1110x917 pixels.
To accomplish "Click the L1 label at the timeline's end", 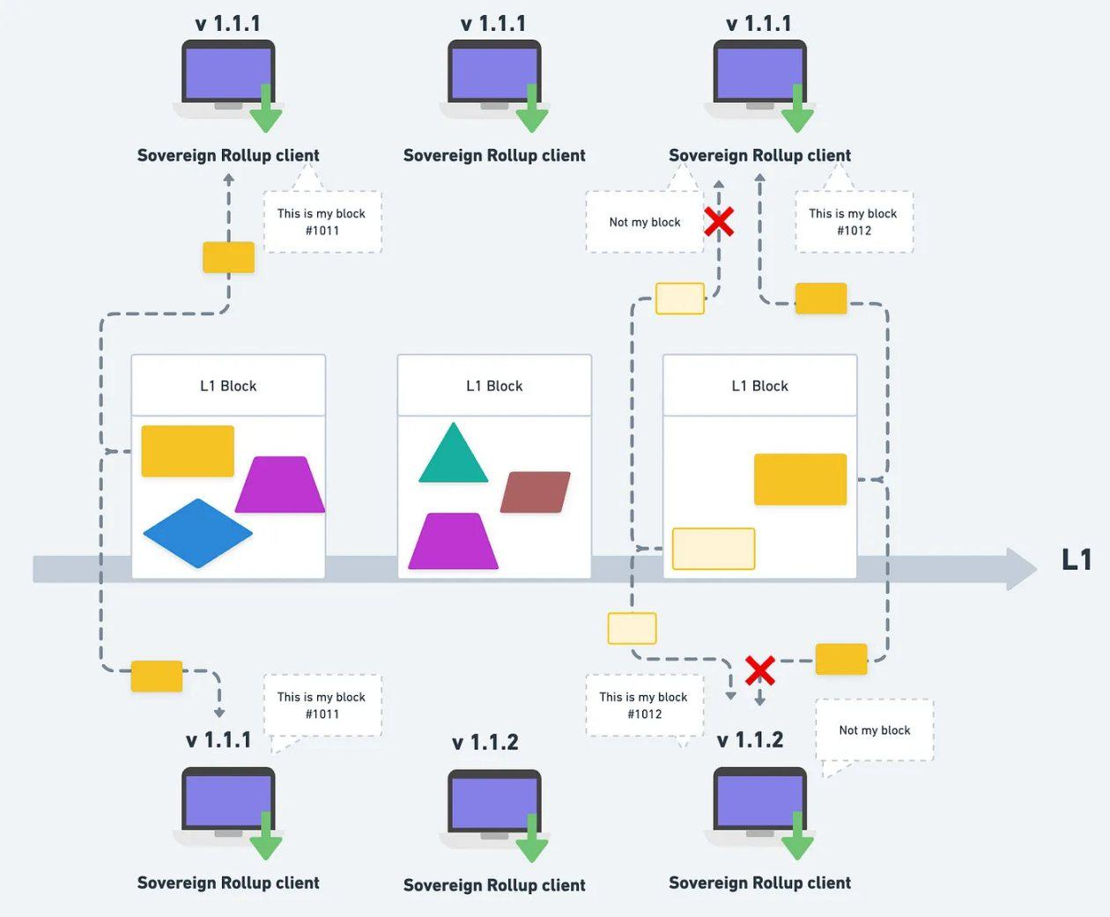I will [x=1077, y=560].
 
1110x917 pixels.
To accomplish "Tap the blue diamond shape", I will [x=198, y=533].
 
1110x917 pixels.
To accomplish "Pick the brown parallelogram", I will [x=536, y=492].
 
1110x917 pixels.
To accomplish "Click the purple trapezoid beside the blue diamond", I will [x=280, y=484].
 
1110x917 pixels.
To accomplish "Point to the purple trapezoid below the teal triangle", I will [x=454, y=541].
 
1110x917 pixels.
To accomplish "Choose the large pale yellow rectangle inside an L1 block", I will [x=714, y=549].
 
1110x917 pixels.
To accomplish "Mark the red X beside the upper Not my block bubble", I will [x=719, y=221].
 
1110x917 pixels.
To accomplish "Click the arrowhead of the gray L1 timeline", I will [x=1022, y=569].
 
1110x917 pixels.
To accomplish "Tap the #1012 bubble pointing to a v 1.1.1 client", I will [x=854, y=222].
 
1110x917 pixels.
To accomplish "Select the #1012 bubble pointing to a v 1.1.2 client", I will [x=644, y=706].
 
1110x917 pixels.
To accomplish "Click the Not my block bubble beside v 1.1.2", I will [x=874, y=730].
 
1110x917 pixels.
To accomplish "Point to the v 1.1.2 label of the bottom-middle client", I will [x=485, y=743].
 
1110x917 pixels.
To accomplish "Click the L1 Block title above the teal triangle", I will [x=494, y=386].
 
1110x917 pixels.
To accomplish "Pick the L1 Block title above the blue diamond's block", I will [x=228, y=386].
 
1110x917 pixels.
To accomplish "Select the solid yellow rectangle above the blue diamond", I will [x=188, y=451].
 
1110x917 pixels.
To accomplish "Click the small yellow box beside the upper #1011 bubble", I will [x=229, y=257].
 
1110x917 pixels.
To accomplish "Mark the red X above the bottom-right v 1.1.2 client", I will [x=760, y=671].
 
